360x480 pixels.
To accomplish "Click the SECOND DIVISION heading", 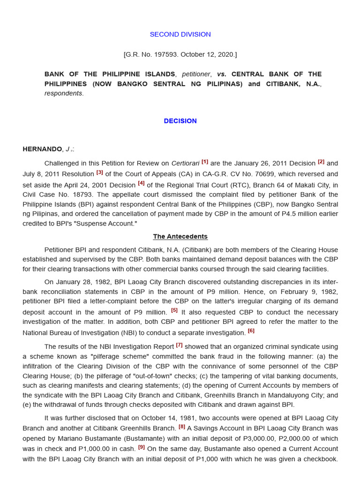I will tap(180, 34).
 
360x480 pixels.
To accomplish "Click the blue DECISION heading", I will tap(180, 121).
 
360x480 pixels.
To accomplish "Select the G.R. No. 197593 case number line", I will tap(180, 54).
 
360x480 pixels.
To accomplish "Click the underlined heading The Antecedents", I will tap(180, 237).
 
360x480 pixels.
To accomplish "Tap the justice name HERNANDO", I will tap(42, 149).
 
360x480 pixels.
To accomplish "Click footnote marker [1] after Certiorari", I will tap(205, 162).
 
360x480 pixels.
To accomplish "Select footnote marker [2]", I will tap(321, 162).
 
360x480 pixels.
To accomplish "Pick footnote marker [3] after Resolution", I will tap(100, 172).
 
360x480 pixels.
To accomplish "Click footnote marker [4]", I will tap(141, 183).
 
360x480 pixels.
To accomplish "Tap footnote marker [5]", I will tap(174, 310).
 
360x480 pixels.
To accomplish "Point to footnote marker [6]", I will tap(251, 330).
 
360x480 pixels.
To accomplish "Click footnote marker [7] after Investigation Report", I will tap(179, 345).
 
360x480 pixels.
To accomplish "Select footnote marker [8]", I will tap(182, 427).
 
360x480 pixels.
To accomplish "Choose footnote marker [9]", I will tap(142, 447).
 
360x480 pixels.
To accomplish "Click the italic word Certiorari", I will tap(185, 164).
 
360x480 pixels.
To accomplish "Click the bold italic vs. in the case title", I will tap(222, 74).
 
